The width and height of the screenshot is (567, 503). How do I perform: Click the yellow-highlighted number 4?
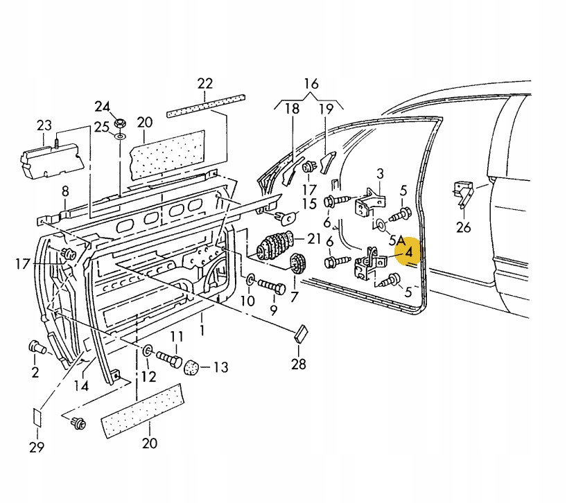[409, 253]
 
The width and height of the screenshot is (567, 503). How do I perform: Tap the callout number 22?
[205, 84]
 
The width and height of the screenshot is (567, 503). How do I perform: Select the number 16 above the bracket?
[311, 84]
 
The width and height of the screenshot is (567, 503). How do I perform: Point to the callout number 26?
[464, 226]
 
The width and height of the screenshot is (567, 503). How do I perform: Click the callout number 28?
[298, 364]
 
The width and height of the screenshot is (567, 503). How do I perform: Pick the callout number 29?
[37, 447]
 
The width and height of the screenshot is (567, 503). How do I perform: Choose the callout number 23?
[44, 125]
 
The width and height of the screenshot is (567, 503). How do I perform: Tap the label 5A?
[396, 240]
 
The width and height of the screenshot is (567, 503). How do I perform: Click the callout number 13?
[220, 367]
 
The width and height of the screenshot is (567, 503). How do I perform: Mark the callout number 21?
[314, 238]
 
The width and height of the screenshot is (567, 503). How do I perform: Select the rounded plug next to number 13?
[192, 367]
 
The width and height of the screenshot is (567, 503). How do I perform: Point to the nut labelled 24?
[119, 123]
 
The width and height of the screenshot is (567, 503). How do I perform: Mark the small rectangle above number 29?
[37, 418]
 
